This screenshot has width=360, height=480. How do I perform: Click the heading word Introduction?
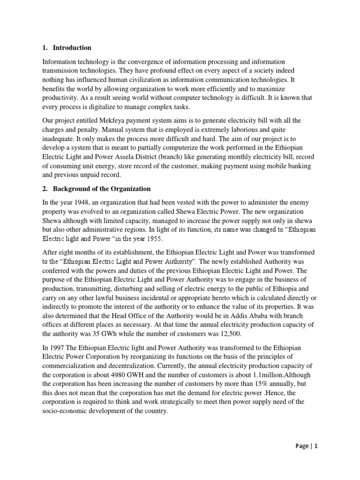(72, 48)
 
